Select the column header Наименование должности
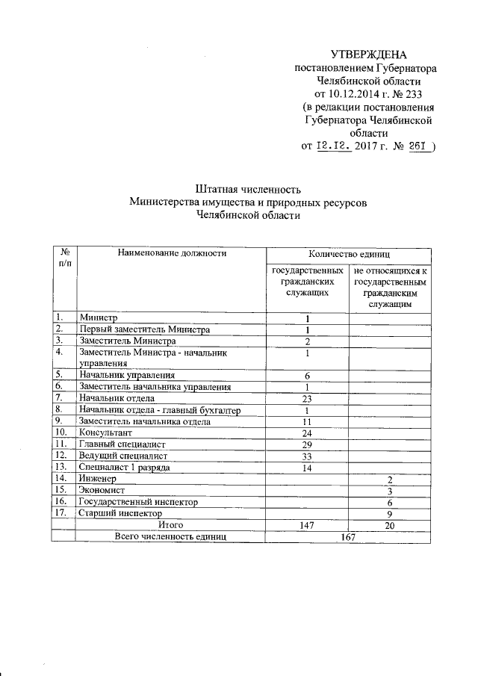[x=172, y=253]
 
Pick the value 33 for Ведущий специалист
[x=306, y=456]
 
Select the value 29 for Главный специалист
[x=306, y=444]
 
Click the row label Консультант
[x=107, y=432]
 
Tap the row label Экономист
[x=103, y=490]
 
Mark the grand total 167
[x=348, y=536]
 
